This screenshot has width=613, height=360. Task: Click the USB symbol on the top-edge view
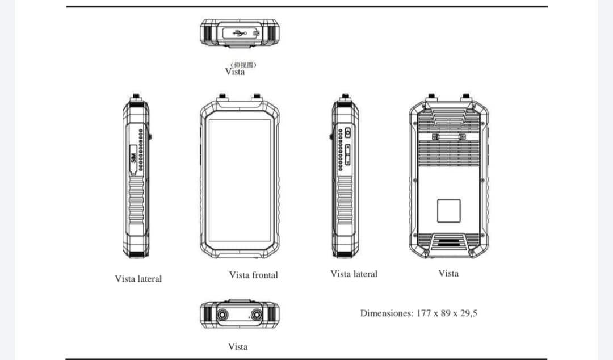(x=237, y=34)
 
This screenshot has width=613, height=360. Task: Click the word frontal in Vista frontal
(x=265, y=275)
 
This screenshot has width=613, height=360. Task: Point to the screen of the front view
(x=239, y=179)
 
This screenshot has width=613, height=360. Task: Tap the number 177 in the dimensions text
(x=425, y=313)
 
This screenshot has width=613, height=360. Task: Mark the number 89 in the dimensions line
(x=446, y=313)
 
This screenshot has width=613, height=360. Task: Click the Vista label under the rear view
(x=448, y=273)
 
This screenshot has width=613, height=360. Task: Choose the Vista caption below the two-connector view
(x=238, y=346)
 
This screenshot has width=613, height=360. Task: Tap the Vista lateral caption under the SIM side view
(x=138, y=279)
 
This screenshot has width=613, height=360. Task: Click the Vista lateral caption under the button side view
(x=354, y=274)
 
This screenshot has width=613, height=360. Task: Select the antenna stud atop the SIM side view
(x=137, y=96)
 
